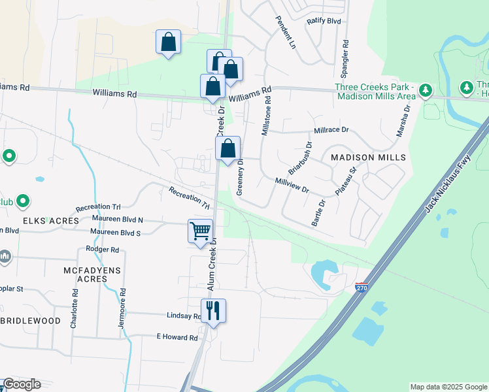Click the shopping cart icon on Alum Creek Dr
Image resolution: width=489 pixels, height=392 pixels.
coord(200,230)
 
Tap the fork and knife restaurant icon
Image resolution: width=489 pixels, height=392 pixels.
coord(213,310)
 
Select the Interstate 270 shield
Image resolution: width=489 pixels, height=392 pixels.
coord(360,287)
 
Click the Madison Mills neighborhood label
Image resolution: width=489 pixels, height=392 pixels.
coord(368,158)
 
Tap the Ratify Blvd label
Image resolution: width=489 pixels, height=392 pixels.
coord(324,21)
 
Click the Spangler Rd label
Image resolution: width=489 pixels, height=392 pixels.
coord(345,59)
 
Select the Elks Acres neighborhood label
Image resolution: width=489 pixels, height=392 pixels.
coord(29,221)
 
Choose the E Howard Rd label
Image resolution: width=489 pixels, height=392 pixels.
coord(177,337)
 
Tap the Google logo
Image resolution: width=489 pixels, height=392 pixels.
coord(22,384)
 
